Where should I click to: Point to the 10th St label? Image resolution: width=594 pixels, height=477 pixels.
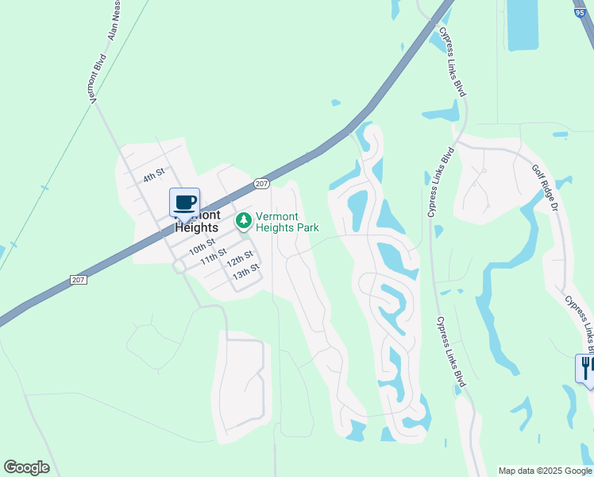coord(202,246)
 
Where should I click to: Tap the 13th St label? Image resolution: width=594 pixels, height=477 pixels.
coord(246,272)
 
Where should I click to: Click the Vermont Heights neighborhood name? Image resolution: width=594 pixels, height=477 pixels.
coord(195,222)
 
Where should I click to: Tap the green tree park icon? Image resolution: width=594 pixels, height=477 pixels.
coord(244,220)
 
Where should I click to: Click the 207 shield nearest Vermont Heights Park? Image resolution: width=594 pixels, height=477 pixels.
coord(262,184)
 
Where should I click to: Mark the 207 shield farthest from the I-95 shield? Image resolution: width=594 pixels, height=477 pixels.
coord(78,280)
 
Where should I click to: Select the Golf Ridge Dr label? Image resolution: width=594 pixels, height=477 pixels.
coord(546,186)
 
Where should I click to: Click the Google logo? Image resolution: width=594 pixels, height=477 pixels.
coord(26,467)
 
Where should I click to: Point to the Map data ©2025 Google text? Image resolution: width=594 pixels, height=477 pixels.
coord(544,471)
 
